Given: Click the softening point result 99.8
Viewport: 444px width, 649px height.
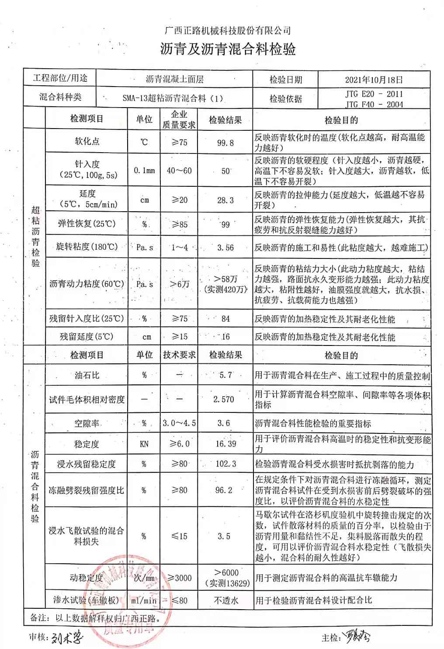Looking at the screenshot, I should [x=225, y=143].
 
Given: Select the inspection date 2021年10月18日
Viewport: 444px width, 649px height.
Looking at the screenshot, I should [x=374, y=80].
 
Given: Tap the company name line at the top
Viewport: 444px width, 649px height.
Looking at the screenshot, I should [x=227, y=30].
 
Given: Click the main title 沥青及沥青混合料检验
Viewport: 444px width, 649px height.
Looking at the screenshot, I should [x=228, y=49].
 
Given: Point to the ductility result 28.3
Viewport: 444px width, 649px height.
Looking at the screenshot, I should [x=225, y=200].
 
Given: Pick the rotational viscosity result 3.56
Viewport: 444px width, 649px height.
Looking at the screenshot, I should [x=225, y=248].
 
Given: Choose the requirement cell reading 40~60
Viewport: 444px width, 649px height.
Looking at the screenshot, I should [x=179, y=171].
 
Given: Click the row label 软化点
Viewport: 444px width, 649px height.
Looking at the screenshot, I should [x=87, y=141].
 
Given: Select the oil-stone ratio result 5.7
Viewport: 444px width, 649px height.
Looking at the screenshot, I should [x=225, y=375].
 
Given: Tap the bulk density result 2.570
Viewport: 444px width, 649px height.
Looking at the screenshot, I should [x=224, y=399].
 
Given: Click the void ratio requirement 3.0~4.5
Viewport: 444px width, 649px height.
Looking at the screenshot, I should [x=179, y=423].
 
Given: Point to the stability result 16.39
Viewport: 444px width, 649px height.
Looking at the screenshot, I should [x=225, y=444].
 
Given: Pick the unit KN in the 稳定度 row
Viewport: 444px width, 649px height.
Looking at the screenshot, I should [x=144, y=444].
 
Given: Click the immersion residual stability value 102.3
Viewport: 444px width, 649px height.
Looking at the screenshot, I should [x=225, y=464].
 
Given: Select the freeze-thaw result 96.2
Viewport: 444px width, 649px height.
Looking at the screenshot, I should [x=224, y=490].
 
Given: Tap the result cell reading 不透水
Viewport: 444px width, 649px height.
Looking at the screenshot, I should [x=225, y=600].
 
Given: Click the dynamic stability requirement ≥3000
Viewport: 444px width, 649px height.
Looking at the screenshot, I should [x=179, y=578].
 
